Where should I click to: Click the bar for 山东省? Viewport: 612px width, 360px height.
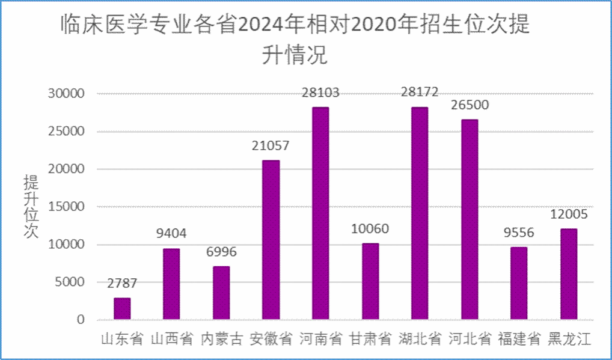pyautogui.click(x=122, y=308)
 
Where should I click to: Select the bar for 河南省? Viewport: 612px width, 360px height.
pyautogui.click(x=320, y=213)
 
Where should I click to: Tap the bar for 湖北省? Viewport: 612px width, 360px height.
pyautogui.click(x=420, y=213)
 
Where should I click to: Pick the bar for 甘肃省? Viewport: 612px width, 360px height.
pyautogui.click(x=370, y=281)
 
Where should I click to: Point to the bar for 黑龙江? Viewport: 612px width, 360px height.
pyautogui.click(x=569, y=274)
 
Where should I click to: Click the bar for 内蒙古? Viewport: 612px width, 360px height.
pyautogui.click(x=221, y=293)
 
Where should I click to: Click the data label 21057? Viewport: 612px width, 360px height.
pyautogui.click(x=271, y=145)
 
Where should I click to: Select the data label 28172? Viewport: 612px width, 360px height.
pyautogui.click(x=420, y=93)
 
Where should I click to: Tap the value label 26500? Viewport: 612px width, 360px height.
pyautogui.click(x=470, y=105)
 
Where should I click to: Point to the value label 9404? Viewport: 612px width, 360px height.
pyautogui.click(x=171, y=234)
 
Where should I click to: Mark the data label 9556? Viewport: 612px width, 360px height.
pyautogui.click(x=519, y=233)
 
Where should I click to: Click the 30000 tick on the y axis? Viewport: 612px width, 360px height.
pyautogui.click(x=67, y=94)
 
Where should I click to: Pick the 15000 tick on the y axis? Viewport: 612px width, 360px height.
pyautogui.click(x=67, y=207)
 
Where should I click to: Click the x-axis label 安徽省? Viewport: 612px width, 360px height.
pyautogui.click(x=271, y=339)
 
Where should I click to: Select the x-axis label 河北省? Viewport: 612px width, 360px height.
pyautogui.click(x=470, y=339)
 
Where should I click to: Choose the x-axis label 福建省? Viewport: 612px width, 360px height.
pyautogui.click(x=519, y=339)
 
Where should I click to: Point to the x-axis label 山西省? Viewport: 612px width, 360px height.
pyautogui.click(x=171, y=339)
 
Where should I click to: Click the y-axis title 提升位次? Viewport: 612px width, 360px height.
pyautogui.click(x=31, y=207)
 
